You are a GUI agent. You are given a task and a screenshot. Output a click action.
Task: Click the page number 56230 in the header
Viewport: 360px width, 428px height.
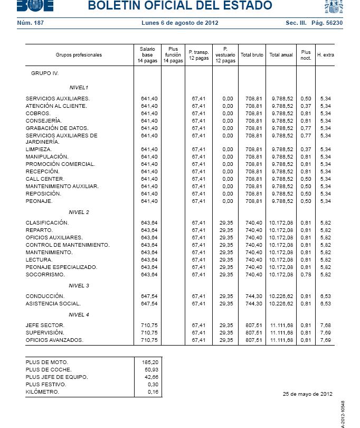click(x=334, y=23)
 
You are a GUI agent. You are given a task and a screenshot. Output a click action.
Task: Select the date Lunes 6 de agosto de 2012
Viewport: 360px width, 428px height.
click(x=179, y=23)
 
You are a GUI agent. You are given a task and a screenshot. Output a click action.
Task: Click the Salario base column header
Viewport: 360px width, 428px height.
click(x=147, y=55)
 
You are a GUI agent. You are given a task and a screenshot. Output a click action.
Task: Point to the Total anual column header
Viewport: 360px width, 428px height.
click(x=281, y=55)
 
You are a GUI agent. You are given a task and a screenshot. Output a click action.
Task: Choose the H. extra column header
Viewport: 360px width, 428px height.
click(x=325, y=55)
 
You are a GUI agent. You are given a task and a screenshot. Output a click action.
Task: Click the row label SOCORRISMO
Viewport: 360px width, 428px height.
click(x=45, y=275)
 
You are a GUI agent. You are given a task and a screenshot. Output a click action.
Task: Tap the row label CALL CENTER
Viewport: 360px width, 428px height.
click(x=45, y=179)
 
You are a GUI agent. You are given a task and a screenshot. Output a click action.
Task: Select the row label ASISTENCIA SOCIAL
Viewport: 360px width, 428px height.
click(x=53, y=304)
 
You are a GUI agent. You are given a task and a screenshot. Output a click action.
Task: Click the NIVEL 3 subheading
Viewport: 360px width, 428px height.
click(x=79, y=286)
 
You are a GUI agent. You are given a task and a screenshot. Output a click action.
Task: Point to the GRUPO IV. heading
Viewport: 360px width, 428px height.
click(x=45, y=73)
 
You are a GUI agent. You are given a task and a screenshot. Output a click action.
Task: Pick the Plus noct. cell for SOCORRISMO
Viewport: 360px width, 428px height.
click(x=306, y=275)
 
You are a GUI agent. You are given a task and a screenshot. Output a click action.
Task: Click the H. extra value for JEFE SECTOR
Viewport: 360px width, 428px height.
click(x=325, y=325)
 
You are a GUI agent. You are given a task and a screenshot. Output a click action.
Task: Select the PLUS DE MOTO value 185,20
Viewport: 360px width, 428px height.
click(x=150, y=362)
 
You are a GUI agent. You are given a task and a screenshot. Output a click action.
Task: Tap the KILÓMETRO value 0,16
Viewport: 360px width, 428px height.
click(x=153, y=392)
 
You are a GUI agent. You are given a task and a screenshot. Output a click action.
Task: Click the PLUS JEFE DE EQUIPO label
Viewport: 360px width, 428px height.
click(x=56, y=377)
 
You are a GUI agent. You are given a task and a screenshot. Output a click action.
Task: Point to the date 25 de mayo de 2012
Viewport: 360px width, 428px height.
click(x=308, y=394)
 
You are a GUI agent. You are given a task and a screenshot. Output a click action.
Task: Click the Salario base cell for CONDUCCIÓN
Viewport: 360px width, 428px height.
click(x=149, y=296)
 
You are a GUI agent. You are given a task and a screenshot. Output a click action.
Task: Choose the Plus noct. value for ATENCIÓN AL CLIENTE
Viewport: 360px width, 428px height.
click(x=306, y=106)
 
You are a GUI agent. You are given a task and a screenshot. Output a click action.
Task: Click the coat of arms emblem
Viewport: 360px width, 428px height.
click(x=334, y=6)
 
